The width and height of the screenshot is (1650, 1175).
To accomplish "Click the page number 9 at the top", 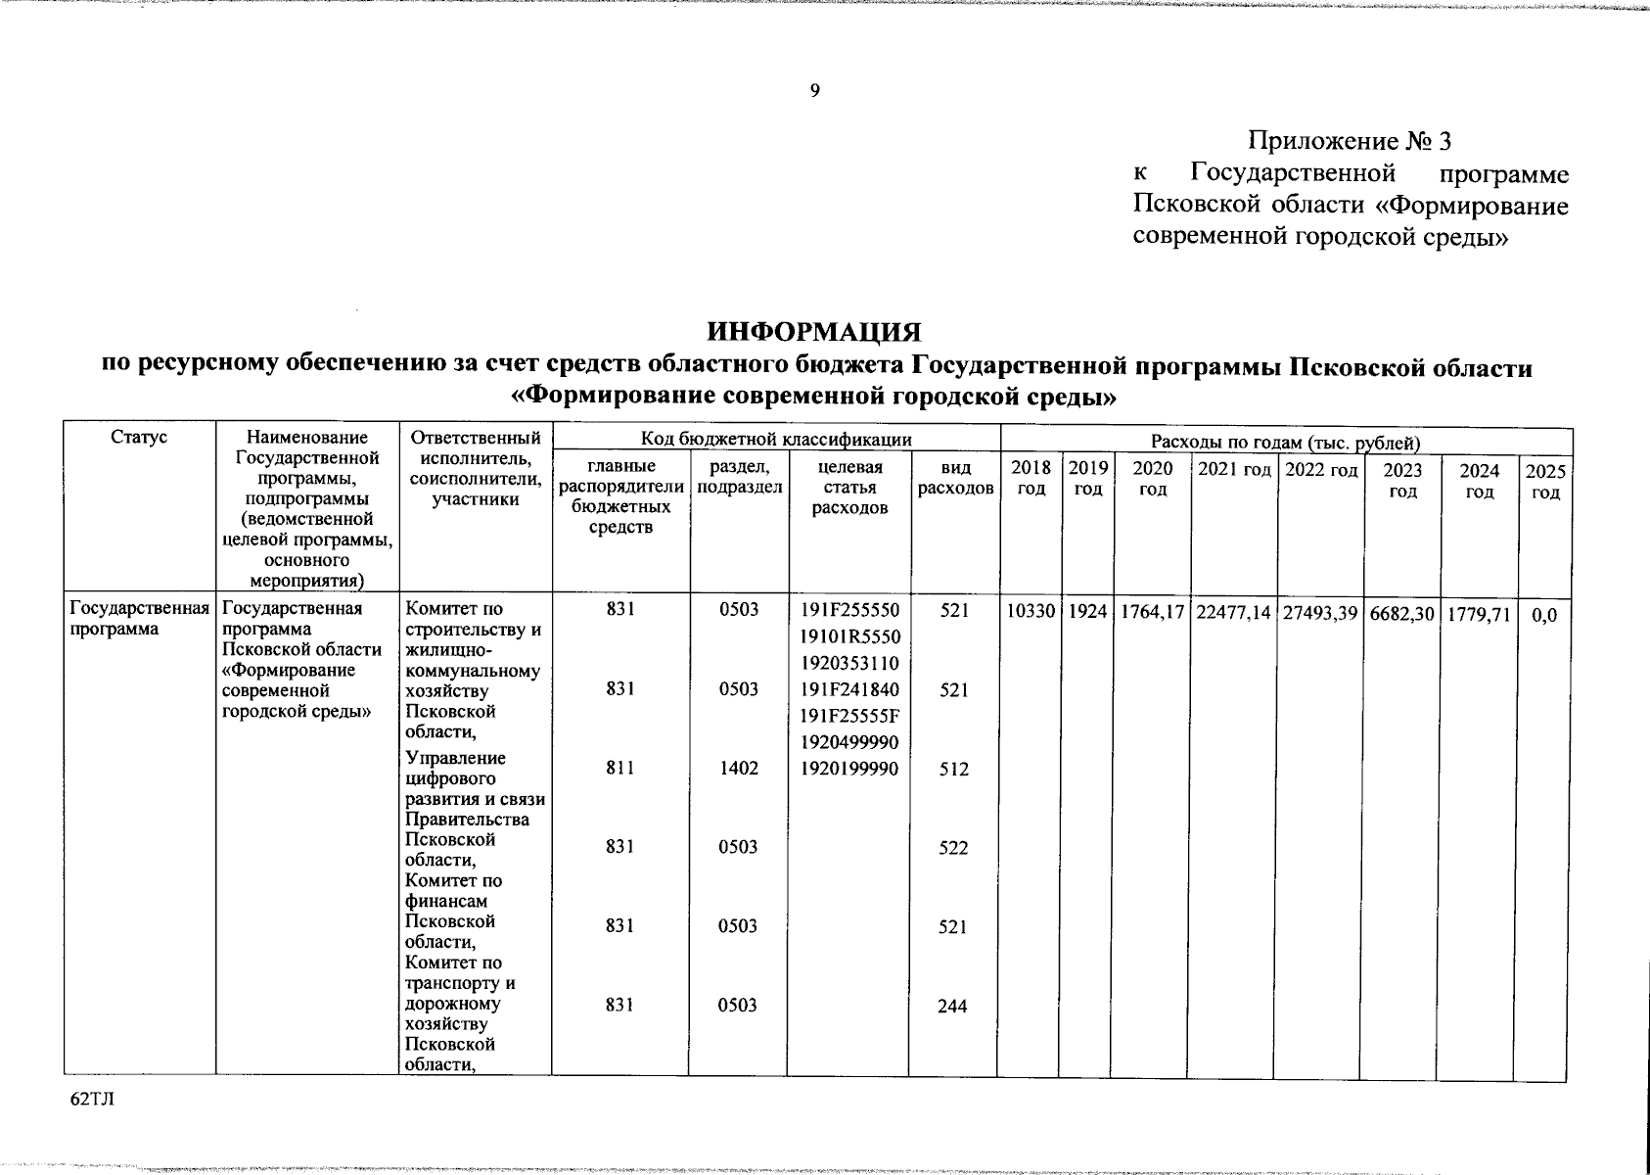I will (814, 91).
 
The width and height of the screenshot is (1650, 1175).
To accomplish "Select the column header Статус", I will (139, 438).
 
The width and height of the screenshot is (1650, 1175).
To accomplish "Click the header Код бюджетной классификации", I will (776, 440).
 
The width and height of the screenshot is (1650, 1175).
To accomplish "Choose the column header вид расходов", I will (955, 479).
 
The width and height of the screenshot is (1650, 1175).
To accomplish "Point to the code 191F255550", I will (849, 610).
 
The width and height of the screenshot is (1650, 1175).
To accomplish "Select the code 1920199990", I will (849, 769).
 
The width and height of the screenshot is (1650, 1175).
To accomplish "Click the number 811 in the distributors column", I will (619, 769).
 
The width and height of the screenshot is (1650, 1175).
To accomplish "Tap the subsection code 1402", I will (738, 769).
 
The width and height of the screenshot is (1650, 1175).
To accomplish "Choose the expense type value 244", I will (953, 1006).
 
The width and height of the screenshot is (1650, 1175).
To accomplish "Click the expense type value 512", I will (953, 770).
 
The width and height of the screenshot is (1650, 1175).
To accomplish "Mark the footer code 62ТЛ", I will (92, 1100).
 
